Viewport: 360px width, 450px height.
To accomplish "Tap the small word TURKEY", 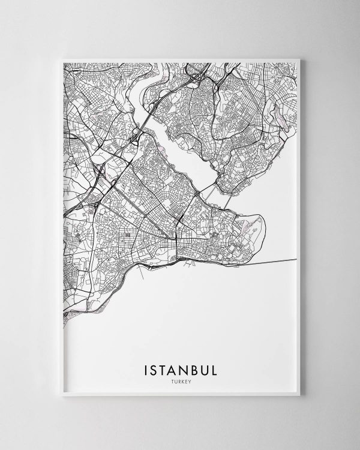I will click(180, 379).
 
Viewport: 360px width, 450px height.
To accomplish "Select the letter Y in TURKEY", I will click(190, 379).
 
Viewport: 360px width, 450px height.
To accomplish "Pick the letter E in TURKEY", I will click(186, 379).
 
